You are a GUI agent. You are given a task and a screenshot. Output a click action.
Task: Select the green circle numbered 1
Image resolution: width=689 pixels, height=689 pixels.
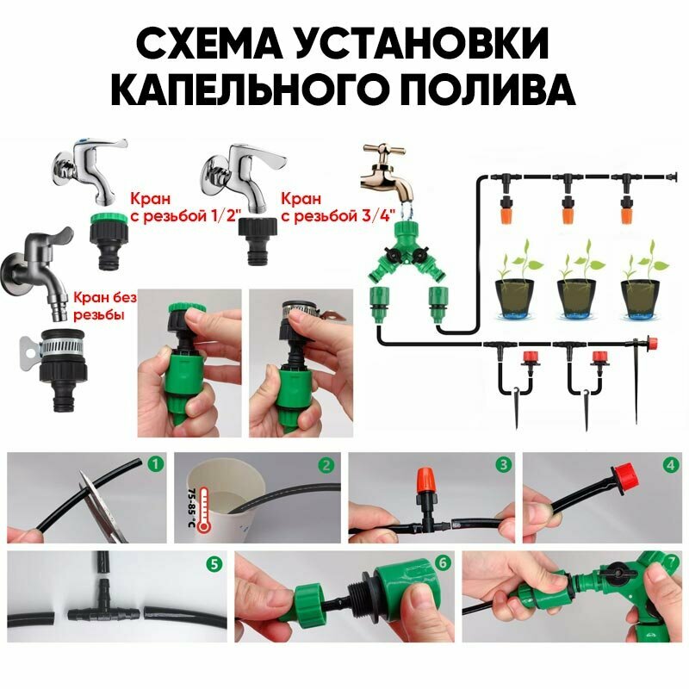[x=155, y=463]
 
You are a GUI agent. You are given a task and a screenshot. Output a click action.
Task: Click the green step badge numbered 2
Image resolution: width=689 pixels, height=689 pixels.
[x=326, y=464]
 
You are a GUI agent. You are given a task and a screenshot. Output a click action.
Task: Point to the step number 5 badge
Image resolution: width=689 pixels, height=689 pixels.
[x=214, y=564]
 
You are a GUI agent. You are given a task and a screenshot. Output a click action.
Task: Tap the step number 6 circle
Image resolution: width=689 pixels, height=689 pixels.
[x=442, y=563]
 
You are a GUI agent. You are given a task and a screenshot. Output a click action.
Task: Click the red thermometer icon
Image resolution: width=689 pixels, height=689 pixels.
[x=204, y=509]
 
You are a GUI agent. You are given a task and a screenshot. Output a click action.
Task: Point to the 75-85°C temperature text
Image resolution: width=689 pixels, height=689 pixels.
[x=191, y=507]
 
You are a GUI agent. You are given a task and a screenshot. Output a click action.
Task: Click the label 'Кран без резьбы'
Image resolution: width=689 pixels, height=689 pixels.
[x=104, y=306]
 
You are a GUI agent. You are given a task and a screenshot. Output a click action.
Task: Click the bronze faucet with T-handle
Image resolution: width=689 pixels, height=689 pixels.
[x=387, y=171]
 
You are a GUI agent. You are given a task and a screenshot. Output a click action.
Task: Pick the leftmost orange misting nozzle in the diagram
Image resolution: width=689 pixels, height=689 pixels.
[x=506, y=210]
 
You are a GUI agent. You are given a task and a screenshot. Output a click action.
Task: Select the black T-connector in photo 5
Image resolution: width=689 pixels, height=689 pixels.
[x=103, y=606]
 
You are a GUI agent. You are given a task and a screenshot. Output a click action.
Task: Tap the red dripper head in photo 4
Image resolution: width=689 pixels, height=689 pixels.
[x=624, y=477]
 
